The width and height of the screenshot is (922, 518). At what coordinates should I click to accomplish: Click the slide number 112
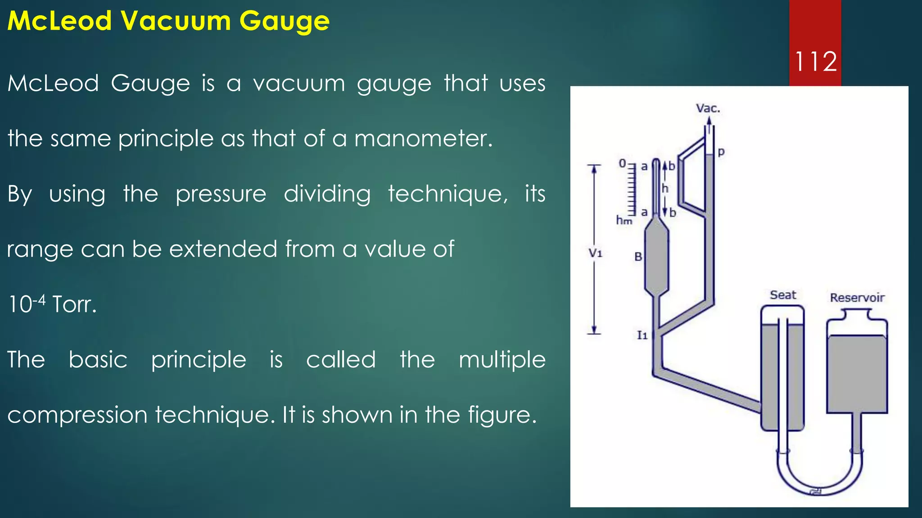pos(815,61)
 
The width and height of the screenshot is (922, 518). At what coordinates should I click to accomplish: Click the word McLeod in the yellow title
pos(59,21)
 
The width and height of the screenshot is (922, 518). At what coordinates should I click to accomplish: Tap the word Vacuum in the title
pos(175,21)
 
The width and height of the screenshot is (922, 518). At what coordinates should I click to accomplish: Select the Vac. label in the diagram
pos(708,108)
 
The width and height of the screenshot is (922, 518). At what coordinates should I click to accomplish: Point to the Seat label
pos(783,295)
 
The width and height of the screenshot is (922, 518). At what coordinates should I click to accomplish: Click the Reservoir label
pos(857,298)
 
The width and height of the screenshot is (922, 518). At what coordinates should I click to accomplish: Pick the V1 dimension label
pos(595,253)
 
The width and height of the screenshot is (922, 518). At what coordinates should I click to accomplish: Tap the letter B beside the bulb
pos(638,257)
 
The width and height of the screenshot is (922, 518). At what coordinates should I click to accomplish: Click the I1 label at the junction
pos(642,335)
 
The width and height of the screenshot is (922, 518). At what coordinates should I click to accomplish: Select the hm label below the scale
pos(624,220)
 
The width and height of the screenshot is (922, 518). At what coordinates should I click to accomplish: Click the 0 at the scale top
pos(622,164)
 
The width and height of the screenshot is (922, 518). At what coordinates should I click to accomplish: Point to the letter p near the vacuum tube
pos(721,152)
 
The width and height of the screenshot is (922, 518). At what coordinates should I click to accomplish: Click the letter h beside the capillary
pos(665,188)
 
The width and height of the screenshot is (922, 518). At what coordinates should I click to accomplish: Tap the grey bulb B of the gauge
pos(657,261)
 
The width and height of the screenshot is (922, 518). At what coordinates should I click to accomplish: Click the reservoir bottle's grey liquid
pos(857,373)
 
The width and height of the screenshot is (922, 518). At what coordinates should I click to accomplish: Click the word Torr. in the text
pos(74,304)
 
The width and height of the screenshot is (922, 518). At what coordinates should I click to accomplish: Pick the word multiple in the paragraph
pos(502,360)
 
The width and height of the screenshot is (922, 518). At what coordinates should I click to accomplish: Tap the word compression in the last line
pos(77,415)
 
